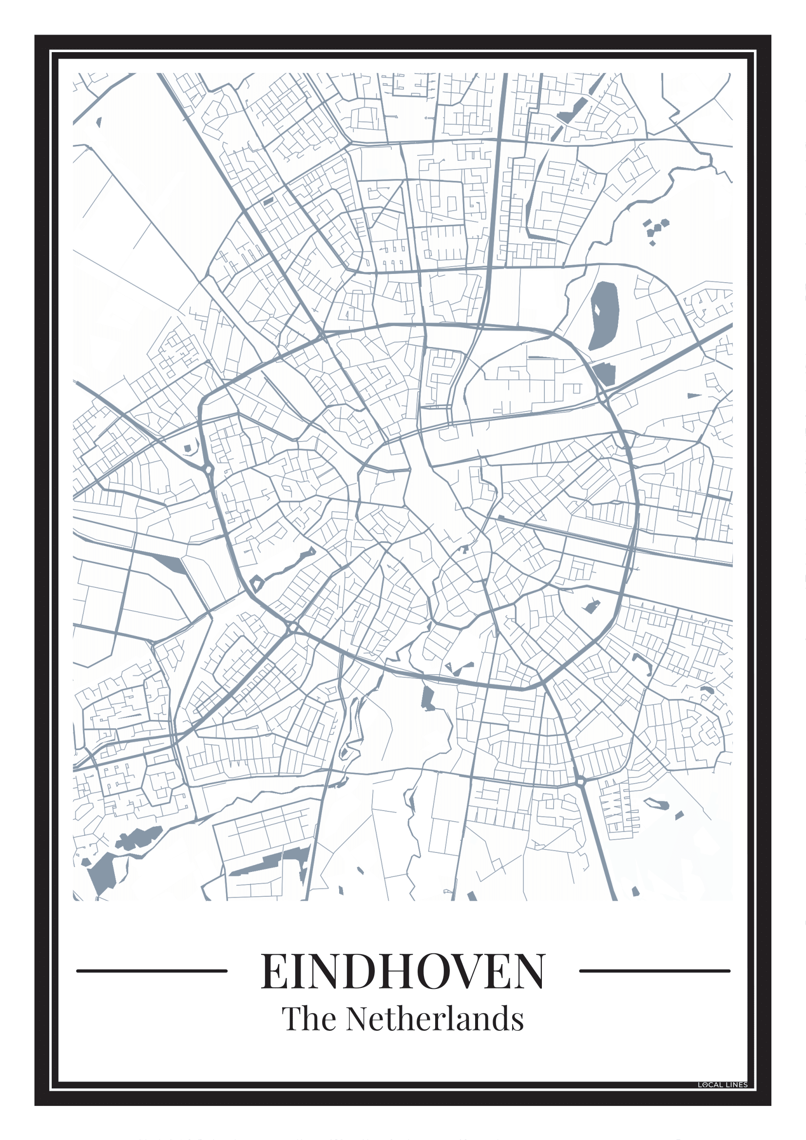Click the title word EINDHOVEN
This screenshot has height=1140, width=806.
coord(403,971)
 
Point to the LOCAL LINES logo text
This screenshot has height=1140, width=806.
coord(722,1085)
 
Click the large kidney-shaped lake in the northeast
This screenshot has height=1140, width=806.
coord(604,315)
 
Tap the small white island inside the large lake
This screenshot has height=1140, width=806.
coord(597,309)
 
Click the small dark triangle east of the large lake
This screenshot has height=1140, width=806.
coord(693,396)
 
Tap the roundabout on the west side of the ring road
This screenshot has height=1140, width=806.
coord(208,469)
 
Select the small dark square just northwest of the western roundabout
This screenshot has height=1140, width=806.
coord(187,448)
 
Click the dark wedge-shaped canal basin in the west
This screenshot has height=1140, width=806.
coord(169,563)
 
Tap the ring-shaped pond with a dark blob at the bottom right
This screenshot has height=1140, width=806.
coord(656,803)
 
